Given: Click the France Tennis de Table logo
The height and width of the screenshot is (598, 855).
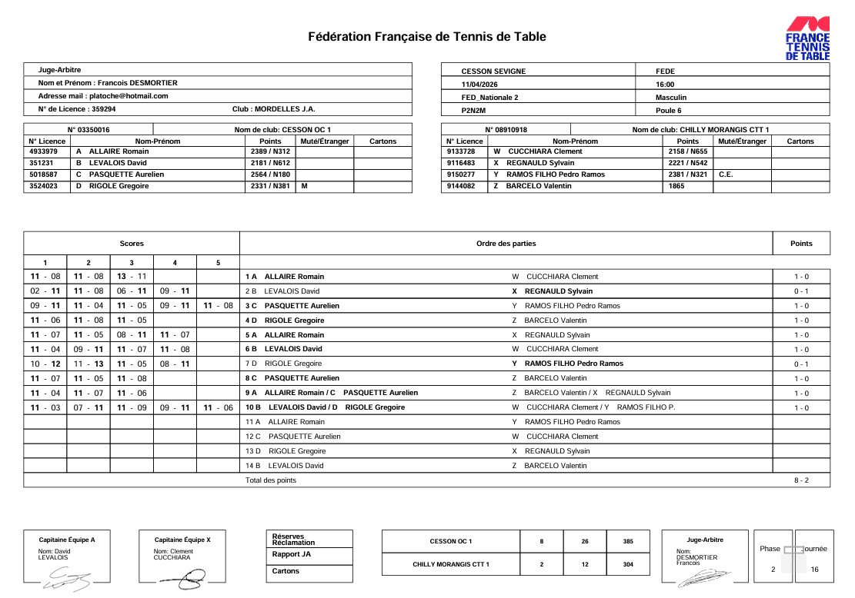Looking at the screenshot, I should [x=807, y=38].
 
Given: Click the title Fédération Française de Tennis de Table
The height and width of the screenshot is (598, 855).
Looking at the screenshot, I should [x=427, y=36].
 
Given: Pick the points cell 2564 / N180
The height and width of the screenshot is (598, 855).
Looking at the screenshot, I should [x=265, y=174].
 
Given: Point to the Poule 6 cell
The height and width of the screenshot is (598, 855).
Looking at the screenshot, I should [x=669, y=111].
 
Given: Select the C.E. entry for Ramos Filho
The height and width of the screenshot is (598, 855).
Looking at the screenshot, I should [x=726, y=174].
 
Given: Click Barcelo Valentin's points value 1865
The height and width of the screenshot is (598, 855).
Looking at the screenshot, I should [x=676, y=186].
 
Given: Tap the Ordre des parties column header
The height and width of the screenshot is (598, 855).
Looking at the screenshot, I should [x=506, y=244].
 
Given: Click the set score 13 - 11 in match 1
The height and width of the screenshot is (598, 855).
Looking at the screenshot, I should [x=132, y=277].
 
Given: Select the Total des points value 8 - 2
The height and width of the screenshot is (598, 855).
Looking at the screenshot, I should [x=801, y=480].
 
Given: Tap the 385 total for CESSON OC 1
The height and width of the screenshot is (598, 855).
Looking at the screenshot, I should [x=628, y=542].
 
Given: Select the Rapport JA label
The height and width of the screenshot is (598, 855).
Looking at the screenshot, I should [x=292, y=554].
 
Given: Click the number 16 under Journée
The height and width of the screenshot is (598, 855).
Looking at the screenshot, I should [x=814, y=570].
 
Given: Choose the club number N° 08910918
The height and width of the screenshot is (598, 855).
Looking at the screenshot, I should [x=506, y=130].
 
